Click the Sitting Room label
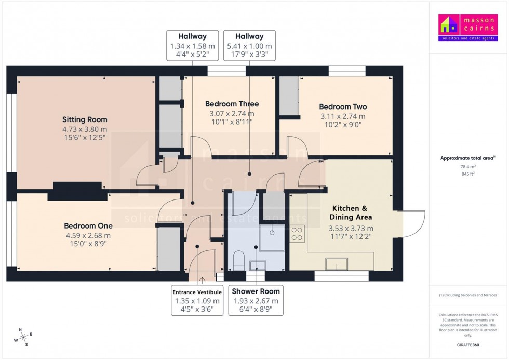pos(85,119)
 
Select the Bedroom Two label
pos(342,106)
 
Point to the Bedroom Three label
pos(232,104)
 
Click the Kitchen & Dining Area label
pos(351,212)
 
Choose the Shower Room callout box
pos(256,301)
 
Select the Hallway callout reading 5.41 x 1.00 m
pos(249,46)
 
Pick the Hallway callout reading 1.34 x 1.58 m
pos(192,46)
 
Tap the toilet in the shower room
pos(239,259)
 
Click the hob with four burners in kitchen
pos(298,234)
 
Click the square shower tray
pos(272,238)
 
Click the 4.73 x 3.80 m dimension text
pos(85,129)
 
